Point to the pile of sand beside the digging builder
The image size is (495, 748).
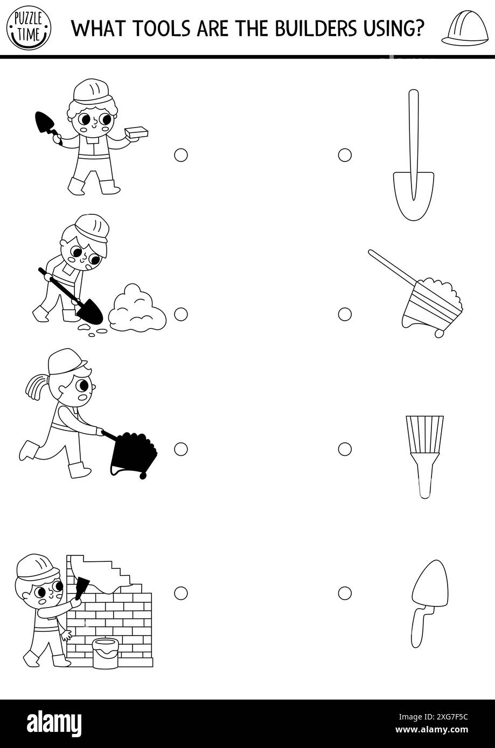click(137, 308)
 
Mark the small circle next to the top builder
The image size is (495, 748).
click(181, 155)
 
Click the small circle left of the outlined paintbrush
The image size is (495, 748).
click(345, 449)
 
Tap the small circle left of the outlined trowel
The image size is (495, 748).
click(345, 593)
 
